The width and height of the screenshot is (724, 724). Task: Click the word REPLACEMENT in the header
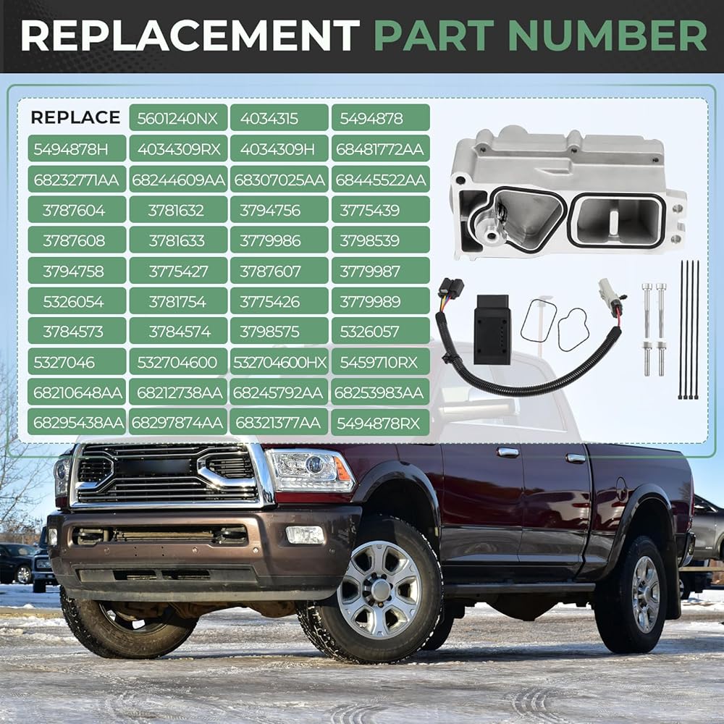[190, 35]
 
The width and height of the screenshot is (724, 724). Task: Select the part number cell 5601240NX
[178, 118]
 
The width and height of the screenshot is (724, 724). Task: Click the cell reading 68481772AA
[381, 148]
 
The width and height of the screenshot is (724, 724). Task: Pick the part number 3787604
[77, 210]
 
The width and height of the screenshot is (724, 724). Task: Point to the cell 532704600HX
[279, 361]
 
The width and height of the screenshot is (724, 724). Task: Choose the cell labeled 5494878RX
[381, 423]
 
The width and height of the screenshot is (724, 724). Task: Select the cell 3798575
[279, 331]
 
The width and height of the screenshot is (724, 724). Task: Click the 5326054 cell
[77, 301]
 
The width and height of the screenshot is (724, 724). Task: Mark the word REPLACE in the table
[76, 118]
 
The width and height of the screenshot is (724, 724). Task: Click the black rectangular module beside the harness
[492, 329]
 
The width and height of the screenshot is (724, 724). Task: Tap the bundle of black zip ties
[688, 329]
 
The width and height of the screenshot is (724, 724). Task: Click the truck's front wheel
[379, 591]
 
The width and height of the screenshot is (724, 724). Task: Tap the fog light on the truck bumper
[306, 535]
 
